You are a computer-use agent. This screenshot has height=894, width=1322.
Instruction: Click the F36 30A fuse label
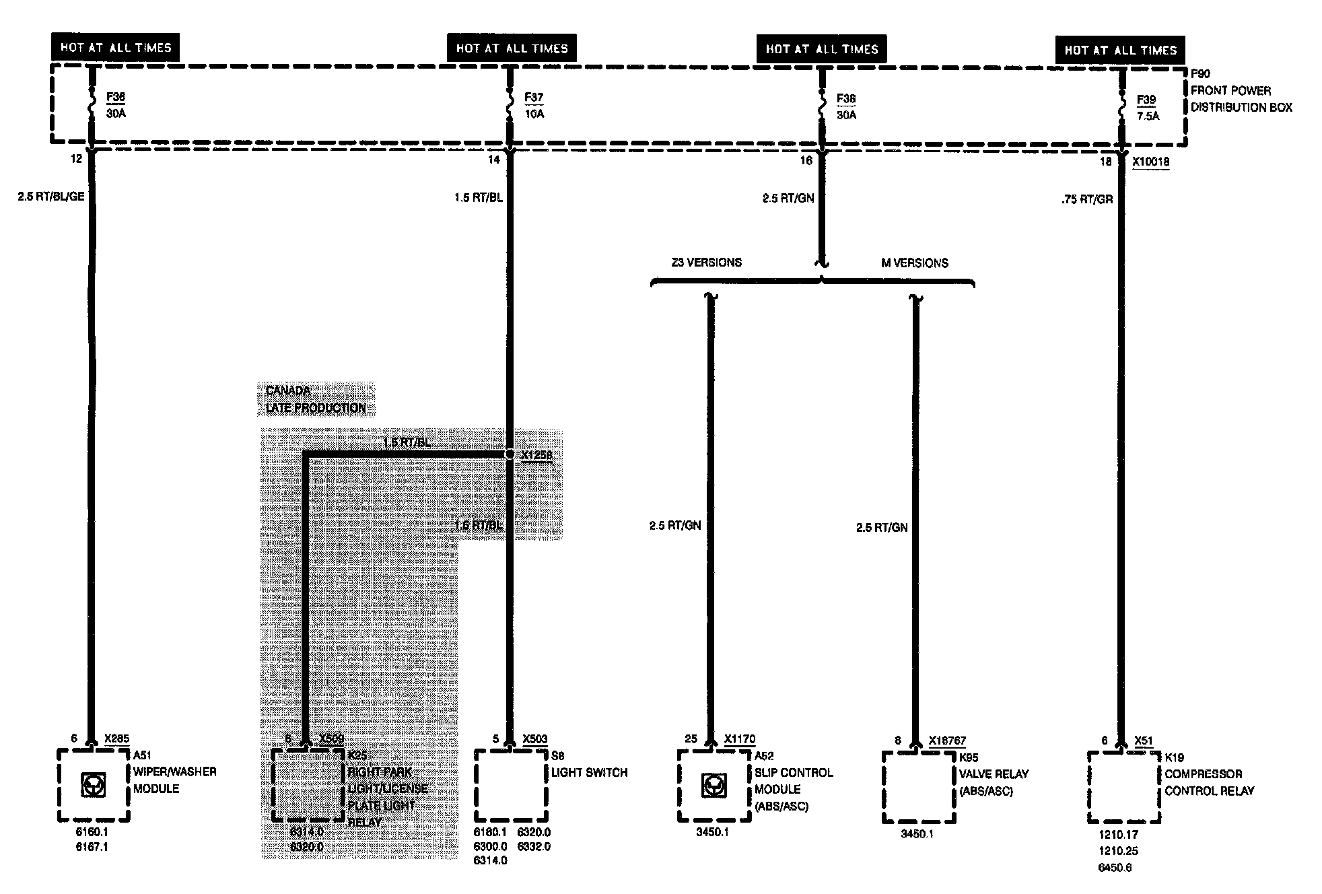tap(116, 106)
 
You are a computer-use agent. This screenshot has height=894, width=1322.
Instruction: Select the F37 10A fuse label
tap(534, 106)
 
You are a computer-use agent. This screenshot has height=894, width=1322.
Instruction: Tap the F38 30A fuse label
tap(846, 106)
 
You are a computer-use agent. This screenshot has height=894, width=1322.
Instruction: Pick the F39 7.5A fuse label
tap(1148, 108)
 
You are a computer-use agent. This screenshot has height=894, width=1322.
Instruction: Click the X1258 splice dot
tap(510, 455)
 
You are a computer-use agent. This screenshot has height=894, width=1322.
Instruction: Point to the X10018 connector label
tap(1150, 162)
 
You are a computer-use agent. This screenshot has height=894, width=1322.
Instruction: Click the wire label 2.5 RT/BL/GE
tap(51, 197)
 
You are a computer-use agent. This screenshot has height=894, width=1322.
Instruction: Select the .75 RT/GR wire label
tap(1087, 200)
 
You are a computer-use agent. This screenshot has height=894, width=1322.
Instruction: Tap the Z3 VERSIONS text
tap(706, 263)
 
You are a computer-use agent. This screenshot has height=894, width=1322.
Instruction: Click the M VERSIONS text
tap(915, 263)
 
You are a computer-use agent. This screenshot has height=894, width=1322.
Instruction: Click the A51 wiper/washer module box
tap(93, 786)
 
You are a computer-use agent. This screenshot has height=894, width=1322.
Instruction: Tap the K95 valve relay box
tap(919, 787)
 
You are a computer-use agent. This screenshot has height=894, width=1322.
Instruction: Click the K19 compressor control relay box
tap(1124, 787)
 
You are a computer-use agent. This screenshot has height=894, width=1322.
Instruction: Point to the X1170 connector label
tap(739, 739)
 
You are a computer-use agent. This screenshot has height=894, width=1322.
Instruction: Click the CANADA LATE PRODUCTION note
tap(316, 399)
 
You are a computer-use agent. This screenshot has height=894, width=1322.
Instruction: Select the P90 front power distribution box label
tap(1241, 91)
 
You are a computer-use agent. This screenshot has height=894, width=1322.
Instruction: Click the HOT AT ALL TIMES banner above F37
tap(512, 48)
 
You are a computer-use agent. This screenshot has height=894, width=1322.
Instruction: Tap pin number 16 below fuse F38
tap(806, 161)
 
